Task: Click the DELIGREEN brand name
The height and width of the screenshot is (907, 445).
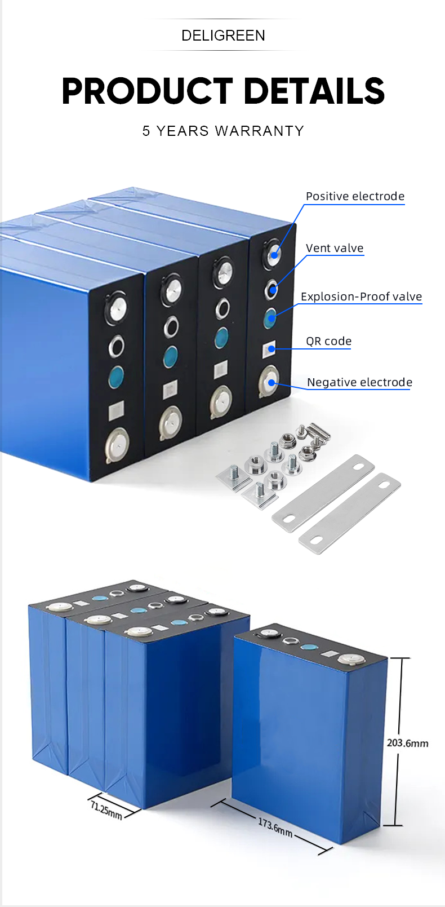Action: (223, 36)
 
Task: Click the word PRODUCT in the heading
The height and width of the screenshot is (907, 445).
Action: (147, 91)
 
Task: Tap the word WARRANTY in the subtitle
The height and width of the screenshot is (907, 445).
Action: (259, 131)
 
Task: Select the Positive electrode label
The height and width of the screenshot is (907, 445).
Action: (355, 196)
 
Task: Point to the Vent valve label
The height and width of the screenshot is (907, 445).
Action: (335, 248)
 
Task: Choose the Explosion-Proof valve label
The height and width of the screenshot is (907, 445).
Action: (361, 297)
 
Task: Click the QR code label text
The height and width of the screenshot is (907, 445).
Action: (328, 341)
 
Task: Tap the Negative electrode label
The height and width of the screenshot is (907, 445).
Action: (359, 382)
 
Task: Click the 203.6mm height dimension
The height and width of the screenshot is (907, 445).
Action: (407, 743)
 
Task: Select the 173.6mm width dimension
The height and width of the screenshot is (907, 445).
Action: (275, 827)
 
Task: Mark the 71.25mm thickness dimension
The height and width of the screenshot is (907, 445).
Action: (106, 811)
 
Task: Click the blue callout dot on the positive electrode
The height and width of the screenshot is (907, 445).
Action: (274, 255)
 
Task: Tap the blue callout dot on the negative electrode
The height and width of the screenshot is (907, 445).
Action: (272, 383)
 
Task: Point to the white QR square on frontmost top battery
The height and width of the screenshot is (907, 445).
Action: (117, 411)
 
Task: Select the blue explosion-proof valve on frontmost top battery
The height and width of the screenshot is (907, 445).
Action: (116, 377)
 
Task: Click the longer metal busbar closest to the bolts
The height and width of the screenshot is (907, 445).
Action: (323, 492)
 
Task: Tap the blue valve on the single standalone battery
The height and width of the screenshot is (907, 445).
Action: (308, 647)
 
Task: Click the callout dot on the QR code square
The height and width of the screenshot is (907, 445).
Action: (272, 349)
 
